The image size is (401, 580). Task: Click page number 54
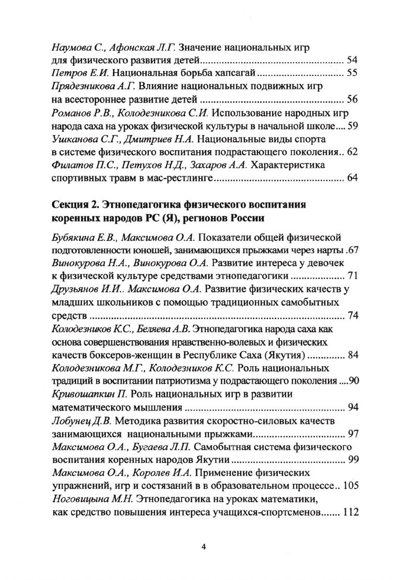pos(351,59)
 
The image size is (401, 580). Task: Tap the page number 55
pos(351,72)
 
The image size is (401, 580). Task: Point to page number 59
pos(351,126)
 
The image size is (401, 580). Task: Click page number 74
pos(351,315)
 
